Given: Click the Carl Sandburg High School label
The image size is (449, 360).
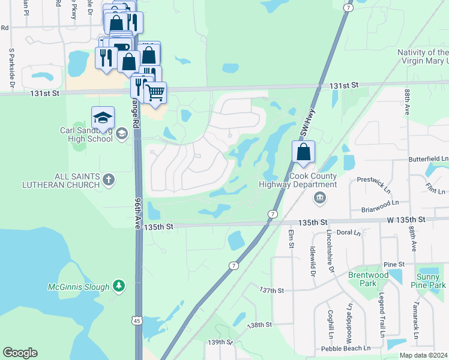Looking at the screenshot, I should pyautogui.click(x=86, y=134).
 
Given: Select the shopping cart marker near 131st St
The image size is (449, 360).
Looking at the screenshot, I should pyautogui.click(x=155, y=93).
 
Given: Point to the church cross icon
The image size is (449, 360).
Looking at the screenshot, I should pyautogui.click(x=108, y=179).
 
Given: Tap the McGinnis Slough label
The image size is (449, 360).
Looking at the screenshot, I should pyautogui.click(x=79, y=287).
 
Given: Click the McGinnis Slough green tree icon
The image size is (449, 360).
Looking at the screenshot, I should pyautogui.click(x=119, y=286).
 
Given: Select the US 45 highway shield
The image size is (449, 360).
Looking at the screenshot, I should pyautogui.click(x=137, y=321).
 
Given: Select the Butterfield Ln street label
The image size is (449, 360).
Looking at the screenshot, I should pyautogui.click(x=428, y=158).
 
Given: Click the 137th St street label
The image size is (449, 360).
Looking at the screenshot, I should pyautogui.click(x=271, y=290).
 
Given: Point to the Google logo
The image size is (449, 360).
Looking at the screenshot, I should pyautogui.click(x=20, y=353).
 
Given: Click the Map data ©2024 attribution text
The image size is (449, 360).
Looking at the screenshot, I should pyautogui.click(x=423, y=355).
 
